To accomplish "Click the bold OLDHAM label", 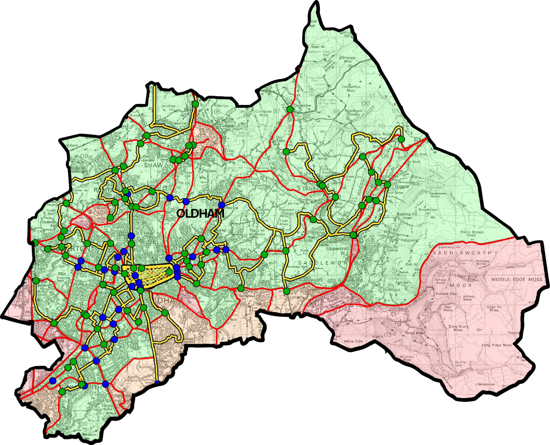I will coord(200,214).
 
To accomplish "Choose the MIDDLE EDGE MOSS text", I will coord(517,279).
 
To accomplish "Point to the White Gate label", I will coord(353,341).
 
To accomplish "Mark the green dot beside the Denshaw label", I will coord(290,109).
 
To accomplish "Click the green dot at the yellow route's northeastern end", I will coord(401,139).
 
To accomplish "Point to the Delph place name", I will coord(308,188).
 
